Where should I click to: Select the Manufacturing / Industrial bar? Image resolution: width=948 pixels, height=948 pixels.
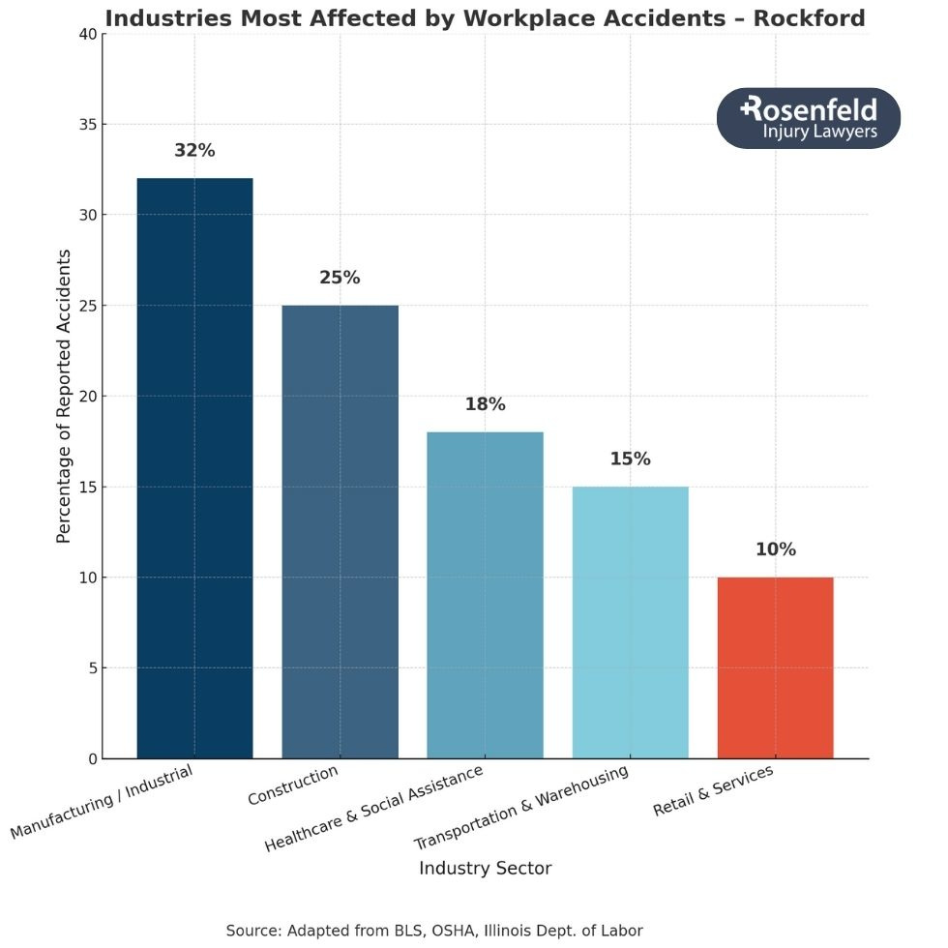(x=194, y=468)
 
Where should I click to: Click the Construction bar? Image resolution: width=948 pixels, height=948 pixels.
(x=340, y=532)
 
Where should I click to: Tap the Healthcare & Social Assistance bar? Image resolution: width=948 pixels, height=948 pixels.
(x=485, y=595)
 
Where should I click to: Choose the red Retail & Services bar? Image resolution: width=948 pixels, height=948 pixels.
(x=775, y=667)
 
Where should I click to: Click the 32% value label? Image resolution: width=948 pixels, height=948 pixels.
(x=194, y=151)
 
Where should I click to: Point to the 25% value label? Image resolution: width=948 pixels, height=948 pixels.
(x=340, y=278)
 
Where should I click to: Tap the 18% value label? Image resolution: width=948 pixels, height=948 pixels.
(x=485, y=404)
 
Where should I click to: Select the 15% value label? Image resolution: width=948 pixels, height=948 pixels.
(x=630, y=459)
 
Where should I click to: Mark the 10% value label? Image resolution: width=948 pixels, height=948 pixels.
(x=775, y=549)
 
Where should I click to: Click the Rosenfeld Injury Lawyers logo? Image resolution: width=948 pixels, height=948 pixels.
(x=808, y=118)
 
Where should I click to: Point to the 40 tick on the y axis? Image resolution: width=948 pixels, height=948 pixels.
(x=87, y=35)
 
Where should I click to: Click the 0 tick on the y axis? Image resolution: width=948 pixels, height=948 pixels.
(x=91, y=759)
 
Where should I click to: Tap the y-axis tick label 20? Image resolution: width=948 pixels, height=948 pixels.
(x=87, y=397)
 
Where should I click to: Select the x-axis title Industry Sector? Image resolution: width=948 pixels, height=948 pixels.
(x=485, y=868)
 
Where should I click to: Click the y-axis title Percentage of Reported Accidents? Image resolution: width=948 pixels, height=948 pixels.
(x=64, y=397)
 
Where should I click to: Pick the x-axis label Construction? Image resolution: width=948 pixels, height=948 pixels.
(x=293, y=785)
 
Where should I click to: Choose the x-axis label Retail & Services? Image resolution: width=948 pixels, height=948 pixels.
(x=713, y=790)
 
